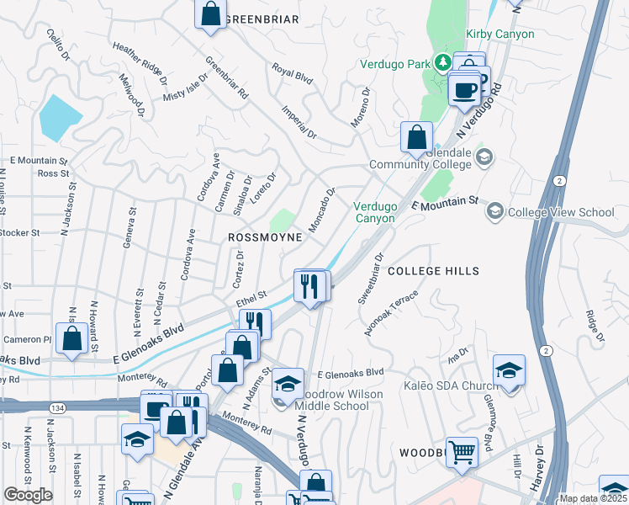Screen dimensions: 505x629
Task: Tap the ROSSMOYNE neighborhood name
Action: tap(265, 238)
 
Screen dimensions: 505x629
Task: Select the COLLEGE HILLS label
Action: tap(433, 271)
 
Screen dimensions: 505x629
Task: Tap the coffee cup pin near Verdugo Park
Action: tap(463, 88)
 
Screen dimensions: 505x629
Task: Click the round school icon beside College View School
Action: tap(495, 211)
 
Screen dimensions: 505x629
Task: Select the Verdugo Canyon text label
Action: tap(374, 212)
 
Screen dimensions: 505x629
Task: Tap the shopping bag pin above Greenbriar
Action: tap(210, 13)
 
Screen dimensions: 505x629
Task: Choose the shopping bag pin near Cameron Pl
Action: tap(72, 338)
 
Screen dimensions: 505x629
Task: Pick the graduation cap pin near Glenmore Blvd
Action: tap(509, 372)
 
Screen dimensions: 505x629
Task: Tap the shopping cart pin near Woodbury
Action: tap(462, 452)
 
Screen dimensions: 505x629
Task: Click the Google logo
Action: tap(28, 495)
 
